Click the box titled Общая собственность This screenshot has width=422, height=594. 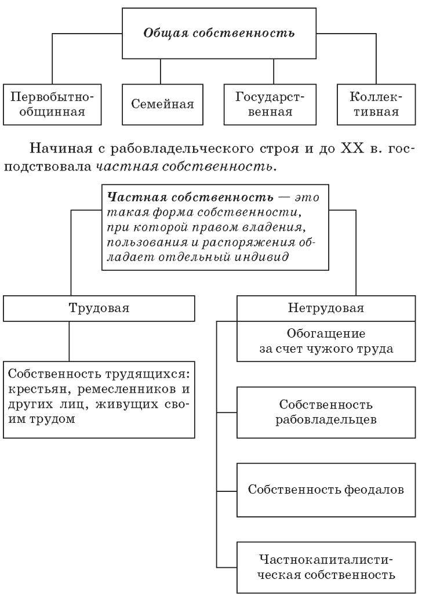point(219,33)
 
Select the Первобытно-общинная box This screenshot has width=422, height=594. point(52,104)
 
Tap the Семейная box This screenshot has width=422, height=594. point(162,104)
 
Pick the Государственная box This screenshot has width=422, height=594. point(270,104)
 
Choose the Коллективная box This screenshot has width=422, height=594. point(376,104)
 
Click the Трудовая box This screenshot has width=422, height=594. point(99,309)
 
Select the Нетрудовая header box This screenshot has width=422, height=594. point(326,309)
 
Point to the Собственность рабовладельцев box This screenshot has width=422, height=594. point(326,412)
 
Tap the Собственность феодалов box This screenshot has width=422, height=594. point(326,490)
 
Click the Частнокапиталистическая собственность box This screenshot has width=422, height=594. point(326,567)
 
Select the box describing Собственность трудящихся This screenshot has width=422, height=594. point(99,400)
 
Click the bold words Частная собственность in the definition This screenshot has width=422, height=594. point(190,197)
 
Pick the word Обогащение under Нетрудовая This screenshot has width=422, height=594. point(326,334)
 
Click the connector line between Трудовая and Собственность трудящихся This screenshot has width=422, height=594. point(69,341)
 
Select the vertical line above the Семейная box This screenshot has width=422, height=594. point(161,71)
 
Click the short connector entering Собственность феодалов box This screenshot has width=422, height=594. point(227,491)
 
